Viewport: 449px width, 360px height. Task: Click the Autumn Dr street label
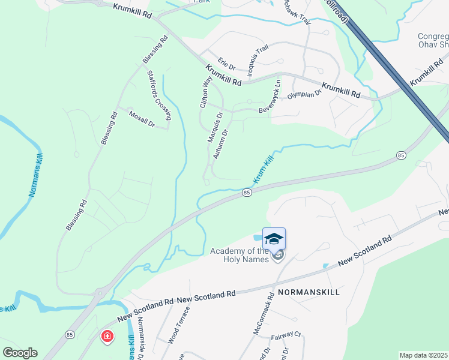221,145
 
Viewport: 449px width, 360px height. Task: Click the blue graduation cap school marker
274,239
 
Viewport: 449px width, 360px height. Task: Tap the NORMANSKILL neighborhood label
309,292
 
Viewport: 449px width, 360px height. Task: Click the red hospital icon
107,337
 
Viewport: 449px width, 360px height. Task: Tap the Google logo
20,353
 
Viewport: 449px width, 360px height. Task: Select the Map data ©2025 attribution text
423,355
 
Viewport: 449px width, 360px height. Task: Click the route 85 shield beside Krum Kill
246,192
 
